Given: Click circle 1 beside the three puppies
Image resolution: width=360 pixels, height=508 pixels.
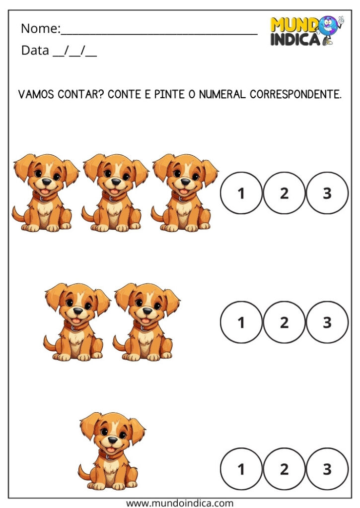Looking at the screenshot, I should [241, 193].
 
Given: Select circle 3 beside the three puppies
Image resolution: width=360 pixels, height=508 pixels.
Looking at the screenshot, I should [327, 193].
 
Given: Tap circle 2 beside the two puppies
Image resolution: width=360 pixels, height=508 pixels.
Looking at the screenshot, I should [284, 322].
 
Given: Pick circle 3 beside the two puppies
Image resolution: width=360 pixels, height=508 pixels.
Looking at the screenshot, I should [327, 322].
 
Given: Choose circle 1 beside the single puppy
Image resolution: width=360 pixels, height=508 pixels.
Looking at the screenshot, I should [241, 469].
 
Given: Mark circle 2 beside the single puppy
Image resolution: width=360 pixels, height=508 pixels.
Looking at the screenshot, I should [284, 469].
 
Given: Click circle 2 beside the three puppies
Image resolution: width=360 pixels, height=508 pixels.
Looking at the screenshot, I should [284, 193].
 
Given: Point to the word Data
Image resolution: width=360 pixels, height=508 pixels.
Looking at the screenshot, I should [35, 51].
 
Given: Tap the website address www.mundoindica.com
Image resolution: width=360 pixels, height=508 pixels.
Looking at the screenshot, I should [180, 503].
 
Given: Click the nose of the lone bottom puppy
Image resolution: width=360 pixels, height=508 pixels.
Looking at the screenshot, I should [113, 440].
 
